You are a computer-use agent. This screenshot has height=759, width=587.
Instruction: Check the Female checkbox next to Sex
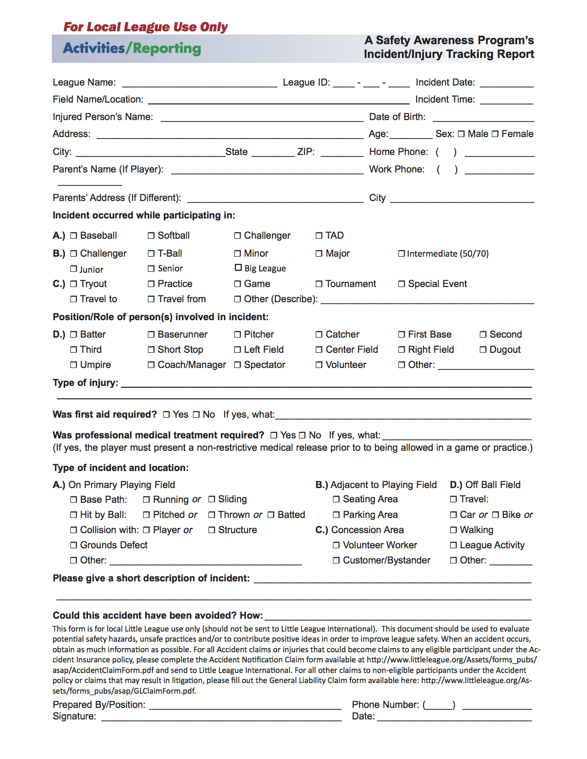[x=495, y=134]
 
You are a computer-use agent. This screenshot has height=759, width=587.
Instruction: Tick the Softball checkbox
[x=151, y=236]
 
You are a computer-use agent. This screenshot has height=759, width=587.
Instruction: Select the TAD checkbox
[x=319, y=236]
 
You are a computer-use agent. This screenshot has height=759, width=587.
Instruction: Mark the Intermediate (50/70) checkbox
[x=401, y=253]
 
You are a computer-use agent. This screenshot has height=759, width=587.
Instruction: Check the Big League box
[x=238, y=267]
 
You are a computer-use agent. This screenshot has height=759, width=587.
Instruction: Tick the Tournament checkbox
[x=319, y=284]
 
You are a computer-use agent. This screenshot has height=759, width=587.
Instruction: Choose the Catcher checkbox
[x=319, y=334]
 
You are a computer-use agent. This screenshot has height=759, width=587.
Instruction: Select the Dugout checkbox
[x=483, y=350]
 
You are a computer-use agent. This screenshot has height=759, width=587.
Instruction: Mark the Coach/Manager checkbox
[x=151, y=365]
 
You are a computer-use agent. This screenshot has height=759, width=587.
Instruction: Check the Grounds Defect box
[x=74, y=545]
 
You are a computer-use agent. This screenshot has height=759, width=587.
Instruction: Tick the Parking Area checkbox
[x=336, y=515]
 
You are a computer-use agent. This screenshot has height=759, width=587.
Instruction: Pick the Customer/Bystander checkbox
[x=336, y=560]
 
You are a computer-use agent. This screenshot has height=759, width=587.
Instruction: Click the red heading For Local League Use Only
[x=145, y=27]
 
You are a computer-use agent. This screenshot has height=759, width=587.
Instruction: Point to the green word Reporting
[x=167, y=49]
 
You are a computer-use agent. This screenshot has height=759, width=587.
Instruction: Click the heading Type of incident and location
[x=121, y=468]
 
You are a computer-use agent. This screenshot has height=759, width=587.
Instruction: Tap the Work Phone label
[x=396, y=169]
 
